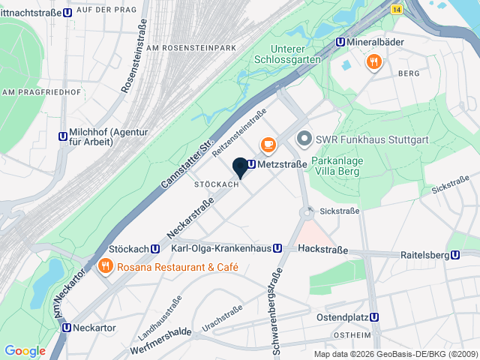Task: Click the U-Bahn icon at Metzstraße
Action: point(251,164)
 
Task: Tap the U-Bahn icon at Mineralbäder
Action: point(340,43)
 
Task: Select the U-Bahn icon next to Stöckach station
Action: point(155,249)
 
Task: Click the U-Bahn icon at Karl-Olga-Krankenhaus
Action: point(277,248)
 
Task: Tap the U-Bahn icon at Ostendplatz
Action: point(375,317)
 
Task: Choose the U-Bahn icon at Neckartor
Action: point(67,328)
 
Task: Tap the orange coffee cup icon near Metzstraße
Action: point(267,142)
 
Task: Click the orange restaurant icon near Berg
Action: point(373,61)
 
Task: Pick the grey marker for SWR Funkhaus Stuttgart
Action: point(304,139)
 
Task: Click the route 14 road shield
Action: point(396,8)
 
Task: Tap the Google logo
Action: point(25,351)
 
